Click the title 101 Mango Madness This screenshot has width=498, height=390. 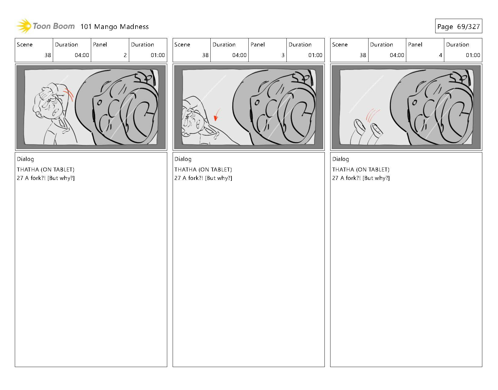pos(115,27)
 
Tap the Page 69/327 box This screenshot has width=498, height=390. pos(458,26)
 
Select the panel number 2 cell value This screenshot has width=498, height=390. pos(125,55)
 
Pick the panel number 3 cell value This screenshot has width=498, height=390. pos(283,55)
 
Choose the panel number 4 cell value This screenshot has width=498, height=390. pos(440,55)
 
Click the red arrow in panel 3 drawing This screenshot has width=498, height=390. pos(216,115)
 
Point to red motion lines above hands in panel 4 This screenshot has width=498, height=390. pos(372,116)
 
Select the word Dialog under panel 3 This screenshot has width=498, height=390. pos(183,159)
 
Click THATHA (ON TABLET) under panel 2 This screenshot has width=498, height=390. pos(46,170)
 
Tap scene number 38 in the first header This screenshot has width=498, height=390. pos(48,55)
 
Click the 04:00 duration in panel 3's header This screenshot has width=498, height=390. pos(239,55)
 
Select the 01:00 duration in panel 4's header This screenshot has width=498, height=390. pos(473,55)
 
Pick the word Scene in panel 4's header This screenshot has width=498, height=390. pos(340,44)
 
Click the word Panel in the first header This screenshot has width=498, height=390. pos(100,44)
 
